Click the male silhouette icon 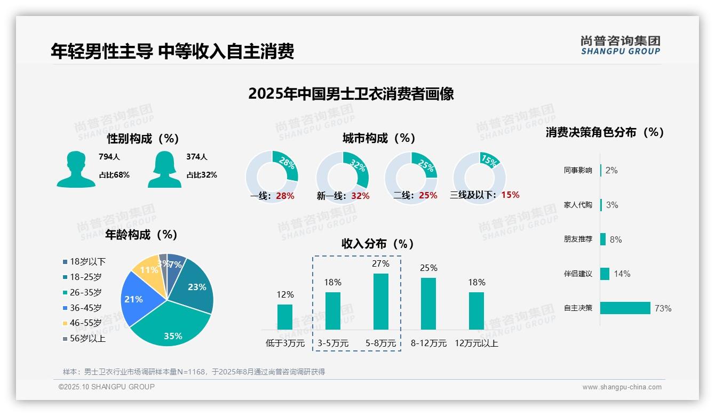76,169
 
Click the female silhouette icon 164,169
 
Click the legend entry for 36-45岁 85,308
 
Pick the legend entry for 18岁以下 88,261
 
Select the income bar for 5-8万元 380,301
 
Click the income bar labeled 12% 285,317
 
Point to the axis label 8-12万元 428,343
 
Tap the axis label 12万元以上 476,343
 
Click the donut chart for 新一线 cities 342,177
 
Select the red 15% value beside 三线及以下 510,195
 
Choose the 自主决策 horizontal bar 625,308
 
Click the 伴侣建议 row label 578,274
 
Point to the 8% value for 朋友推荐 615,239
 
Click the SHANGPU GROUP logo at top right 620,45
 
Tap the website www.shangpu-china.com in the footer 622,387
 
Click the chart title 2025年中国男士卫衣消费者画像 351,94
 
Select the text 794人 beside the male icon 109,157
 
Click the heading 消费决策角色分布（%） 605,132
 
